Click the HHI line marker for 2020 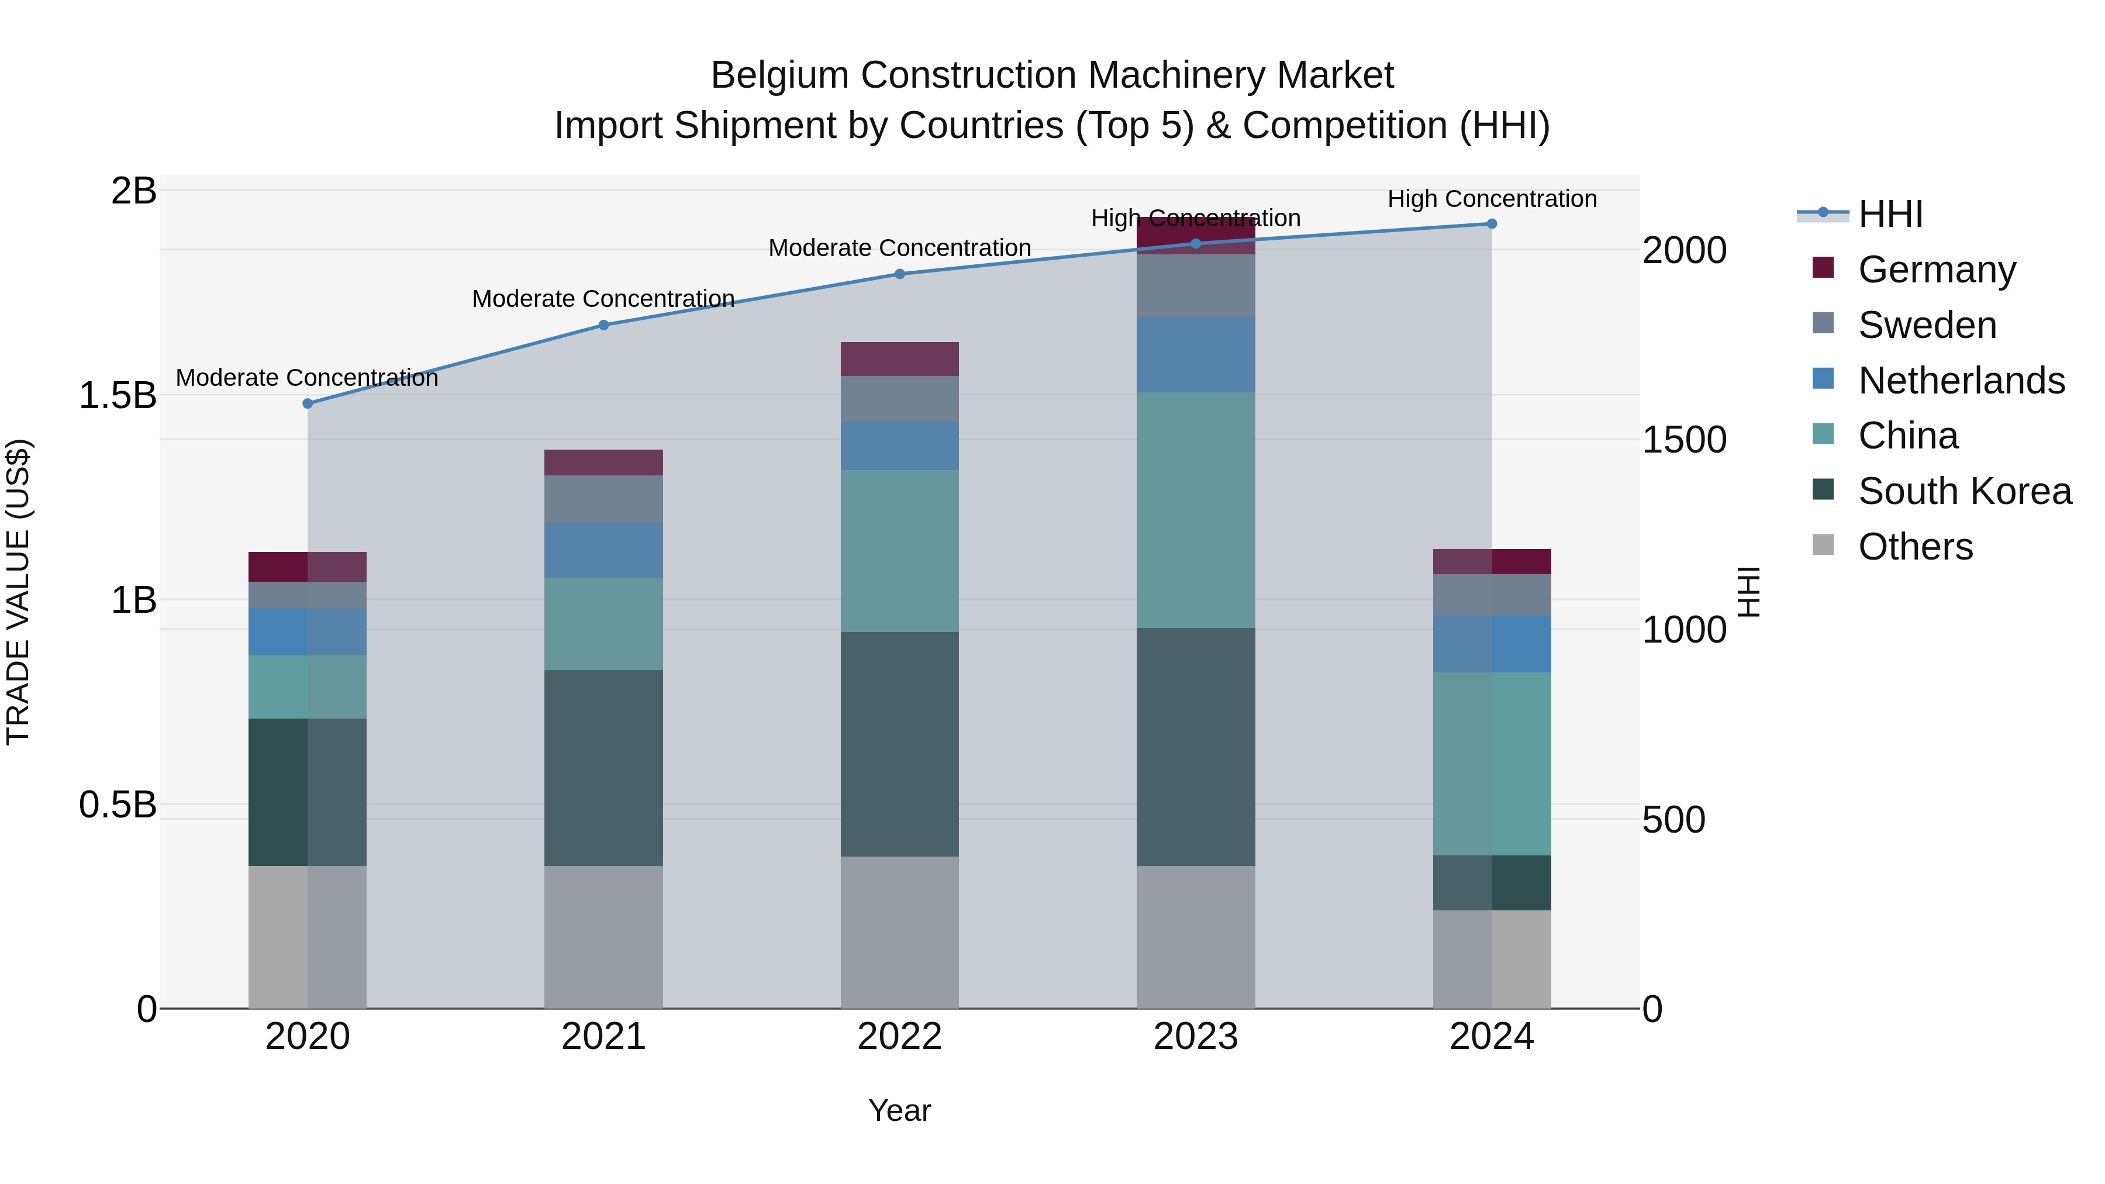tap(307, 403)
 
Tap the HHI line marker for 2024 tap(1491, 224)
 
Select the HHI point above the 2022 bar tap(900, 274)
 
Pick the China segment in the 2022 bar tap(900, 551)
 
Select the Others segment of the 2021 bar tap(603, 937)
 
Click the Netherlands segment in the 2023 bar tap(1196, 355)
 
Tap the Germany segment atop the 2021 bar tap(603, 462)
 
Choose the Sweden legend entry tap(1926, 325)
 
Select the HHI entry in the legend tap(1889, 214)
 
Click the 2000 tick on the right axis tap(1684, 250)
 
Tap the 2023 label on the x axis tap(1196, 1037)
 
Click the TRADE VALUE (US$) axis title tap(18, 592)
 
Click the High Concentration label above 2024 tap(1491, 199)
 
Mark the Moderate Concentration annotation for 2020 tap(306, 378)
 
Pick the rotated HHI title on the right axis tap(1747, 592)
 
